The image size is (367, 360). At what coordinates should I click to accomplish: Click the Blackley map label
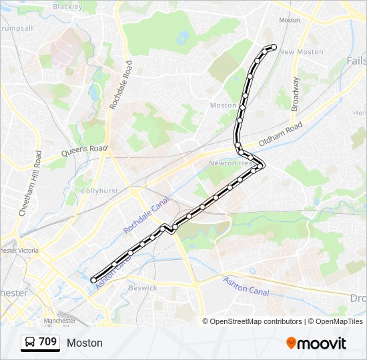point(67,7)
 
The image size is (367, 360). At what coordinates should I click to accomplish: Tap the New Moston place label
point(301,52)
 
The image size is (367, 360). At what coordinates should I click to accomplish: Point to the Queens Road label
point(84,151)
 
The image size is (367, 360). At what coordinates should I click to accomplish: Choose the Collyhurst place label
point(99,191)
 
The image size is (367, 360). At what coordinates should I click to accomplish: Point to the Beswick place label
point(143,288)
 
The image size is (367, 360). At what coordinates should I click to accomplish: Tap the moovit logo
point(316,343)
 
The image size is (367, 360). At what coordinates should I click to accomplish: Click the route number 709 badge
point(47,342)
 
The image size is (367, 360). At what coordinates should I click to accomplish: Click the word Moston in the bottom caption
point(85,343)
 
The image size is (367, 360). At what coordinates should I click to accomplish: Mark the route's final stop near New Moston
point(274,46)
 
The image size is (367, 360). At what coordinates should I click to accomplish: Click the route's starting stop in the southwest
point(93,280)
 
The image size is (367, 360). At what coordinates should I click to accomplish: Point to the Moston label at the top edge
point(290,20)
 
